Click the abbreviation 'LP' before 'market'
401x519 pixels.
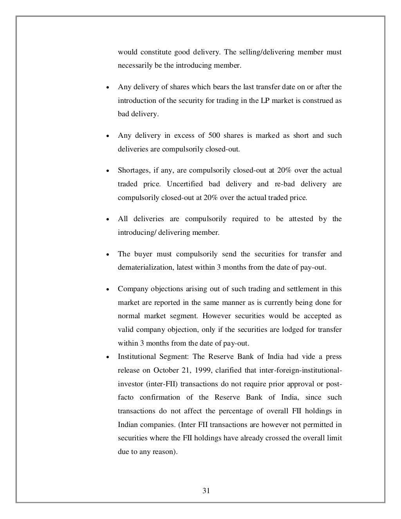pos(265,101)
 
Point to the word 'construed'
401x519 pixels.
pos(318,101)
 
